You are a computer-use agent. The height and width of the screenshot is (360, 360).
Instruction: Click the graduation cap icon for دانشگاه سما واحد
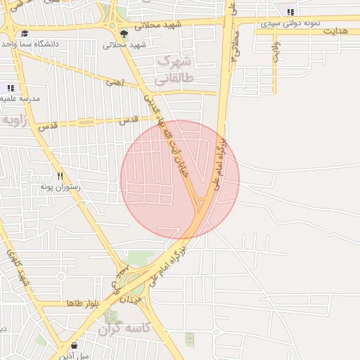click(x=25, y=33)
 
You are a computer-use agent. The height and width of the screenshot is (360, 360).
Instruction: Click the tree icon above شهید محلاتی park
click(x=124, y=33)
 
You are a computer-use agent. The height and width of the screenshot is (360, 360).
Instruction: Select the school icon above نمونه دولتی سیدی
click(x=290, y=12)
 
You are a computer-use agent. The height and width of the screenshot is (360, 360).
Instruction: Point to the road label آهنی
click(x=113, y=82)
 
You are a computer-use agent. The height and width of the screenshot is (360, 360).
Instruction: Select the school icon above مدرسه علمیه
click(x=11, y=88)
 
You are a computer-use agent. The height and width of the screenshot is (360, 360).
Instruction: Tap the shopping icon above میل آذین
click(x=74, y=345)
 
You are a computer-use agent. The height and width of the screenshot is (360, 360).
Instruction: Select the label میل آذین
click(x=75, y=356)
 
